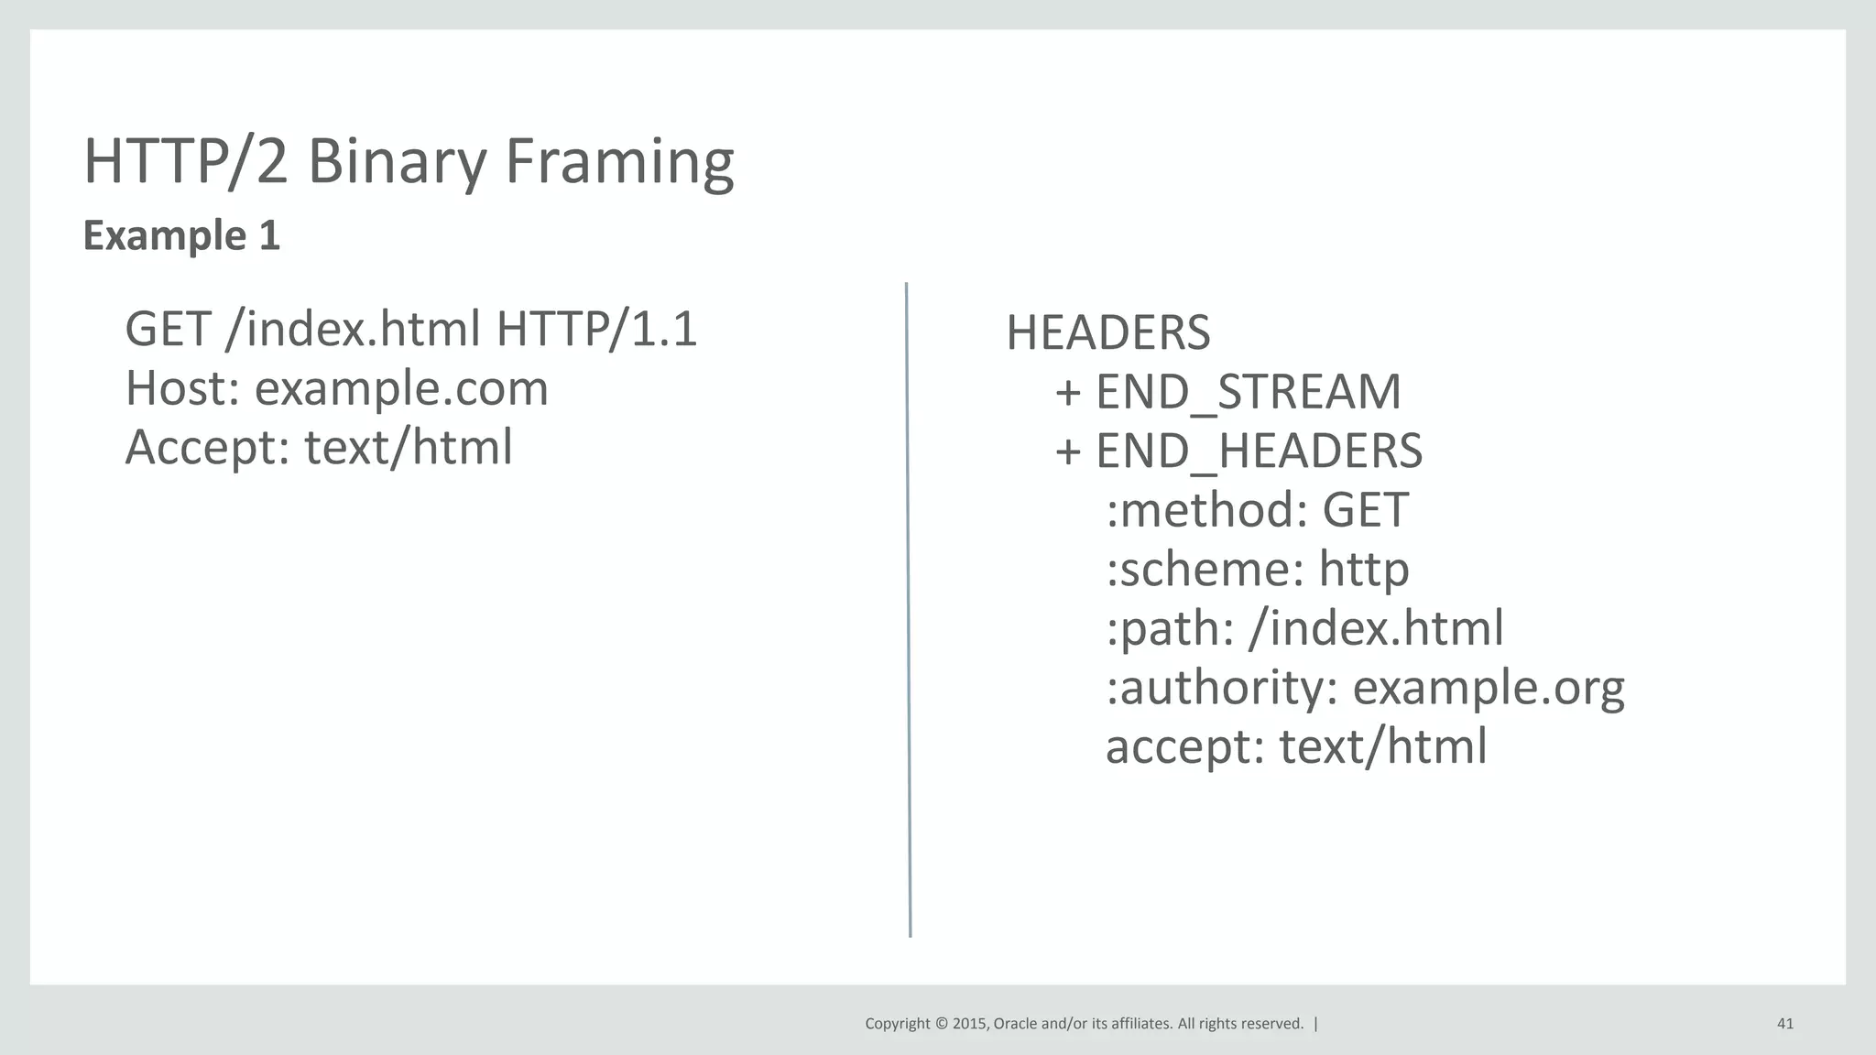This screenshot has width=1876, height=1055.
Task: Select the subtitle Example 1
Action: [x=181, y=235]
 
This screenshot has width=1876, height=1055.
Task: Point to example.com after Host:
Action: [x=401, y=388]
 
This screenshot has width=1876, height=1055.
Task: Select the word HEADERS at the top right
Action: [x=1107, y=332]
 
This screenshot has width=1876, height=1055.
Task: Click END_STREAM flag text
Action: [x=1248, y=392]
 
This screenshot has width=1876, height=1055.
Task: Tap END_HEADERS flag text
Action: [x=1259, y=451]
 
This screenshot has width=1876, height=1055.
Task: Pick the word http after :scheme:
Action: [x=1363, y=570]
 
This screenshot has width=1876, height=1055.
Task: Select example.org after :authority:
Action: [x=1489, y=688]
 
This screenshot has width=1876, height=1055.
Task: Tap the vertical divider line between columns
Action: [x=908, y=609]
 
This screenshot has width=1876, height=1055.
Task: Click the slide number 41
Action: [x=1784, y=1024]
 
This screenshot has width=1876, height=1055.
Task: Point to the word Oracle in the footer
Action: [x=1015, y=1024]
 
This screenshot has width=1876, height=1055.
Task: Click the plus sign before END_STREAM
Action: [x=1068, y=393]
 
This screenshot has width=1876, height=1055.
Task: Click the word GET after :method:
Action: [x=1365, y=510]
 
